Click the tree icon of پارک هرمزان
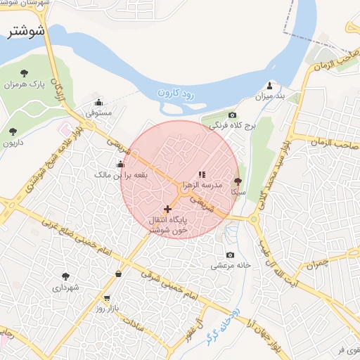point(25,72)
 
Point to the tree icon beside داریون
point(13,131)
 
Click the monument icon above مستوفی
point(98,101)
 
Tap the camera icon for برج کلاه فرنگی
point(232,115)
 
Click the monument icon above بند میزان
point(270,86)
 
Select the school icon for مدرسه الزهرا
point(202,174)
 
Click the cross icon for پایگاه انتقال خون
point(167,209)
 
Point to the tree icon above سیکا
point(237,181)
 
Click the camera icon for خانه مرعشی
point(230,255)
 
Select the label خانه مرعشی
point(232,266)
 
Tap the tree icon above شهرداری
point(66,277)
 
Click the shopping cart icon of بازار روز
point(106,298)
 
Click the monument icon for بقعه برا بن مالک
point(120,164)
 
